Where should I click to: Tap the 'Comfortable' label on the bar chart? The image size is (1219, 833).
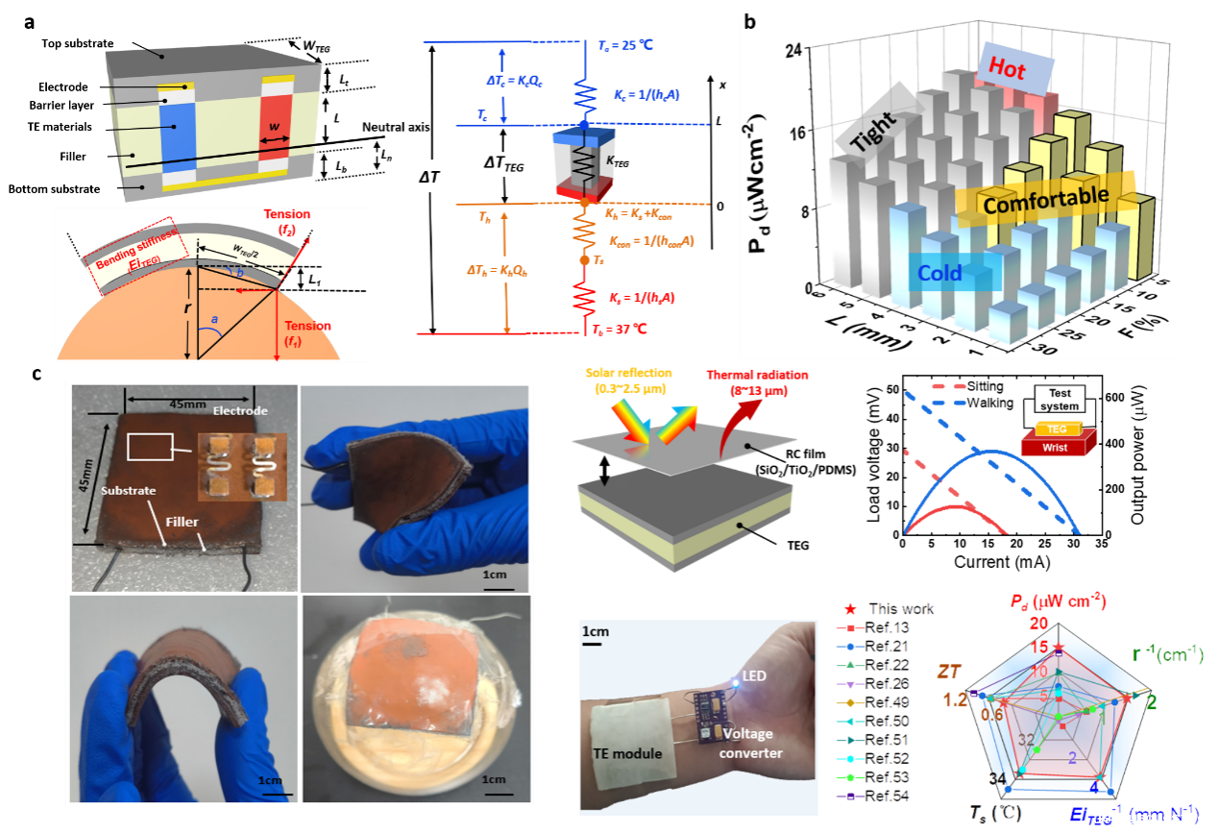pyautogui.click(x=1046, y=199)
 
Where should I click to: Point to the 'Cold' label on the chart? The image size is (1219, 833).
pyautogui.click(x=939, y=273)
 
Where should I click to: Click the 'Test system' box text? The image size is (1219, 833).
pyautogui.click(x=1060, y=400)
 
